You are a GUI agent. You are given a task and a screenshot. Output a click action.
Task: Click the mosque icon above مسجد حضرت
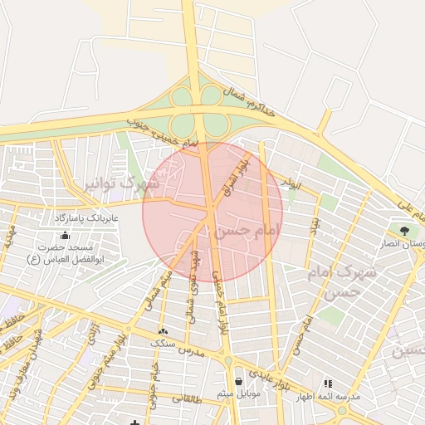tap(65, 236)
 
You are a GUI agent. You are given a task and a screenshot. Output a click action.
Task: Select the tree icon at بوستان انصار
tap(404, 230)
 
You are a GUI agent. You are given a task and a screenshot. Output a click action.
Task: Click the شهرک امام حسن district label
tap(344, 281)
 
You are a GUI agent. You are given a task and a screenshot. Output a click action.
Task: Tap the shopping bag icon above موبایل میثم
tap(239, 382)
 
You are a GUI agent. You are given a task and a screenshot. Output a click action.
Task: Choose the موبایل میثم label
tap(239, 394)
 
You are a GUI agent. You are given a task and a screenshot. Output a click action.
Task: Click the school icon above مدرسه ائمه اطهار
tap(328, 383)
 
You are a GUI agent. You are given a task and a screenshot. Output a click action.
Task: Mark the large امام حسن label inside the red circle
tap(240, 230)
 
